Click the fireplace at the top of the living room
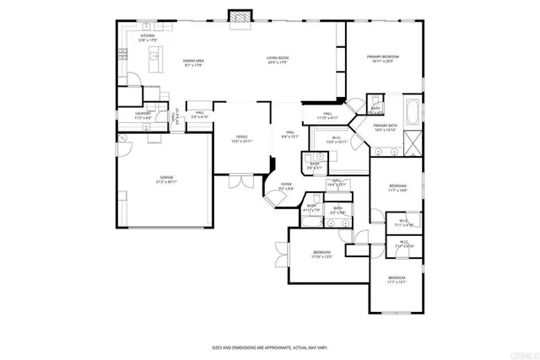(x=239, y=17)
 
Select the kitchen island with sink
(x=155, y=57)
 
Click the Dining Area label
(x=193, y=62)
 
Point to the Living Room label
(x=278, y=60)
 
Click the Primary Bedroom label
(x=382, y=59)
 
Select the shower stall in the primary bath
(x=412, y=141)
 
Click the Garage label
(x=165, y=179)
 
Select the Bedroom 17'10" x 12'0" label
(x=321, y=254)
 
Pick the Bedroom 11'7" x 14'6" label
(x=397, y=187)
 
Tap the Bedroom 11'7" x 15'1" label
(x=397, y=280)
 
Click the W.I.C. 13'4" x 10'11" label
(x=336, y=140)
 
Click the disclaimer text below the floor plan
(x=269, y=347)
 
